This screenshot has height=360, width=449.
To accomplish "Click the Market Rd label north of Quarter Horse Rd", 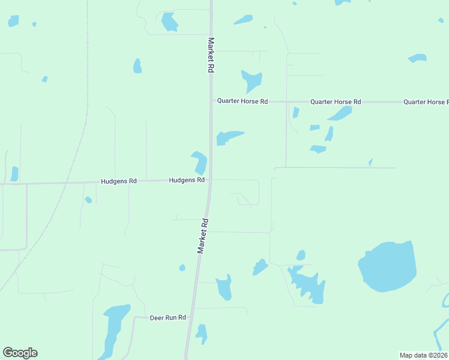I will coord(211,55).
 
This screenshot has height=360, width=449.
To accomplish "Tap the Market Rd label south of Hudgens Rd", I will coord(203,236).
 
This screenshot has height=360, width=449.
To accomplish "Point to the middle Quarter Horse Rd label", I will coord(335,102).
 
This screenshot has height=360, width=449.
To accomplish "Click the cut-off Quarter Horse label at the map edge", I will coord(426,102).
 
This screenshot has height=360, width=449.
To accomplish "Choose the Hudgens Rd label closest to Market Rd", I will coord(187,179).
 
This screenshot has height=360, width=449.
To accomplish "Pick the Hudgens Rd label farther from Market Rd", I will coord(119,181).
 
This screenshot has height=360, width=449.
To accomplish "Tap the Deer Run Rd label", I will coord(167,317).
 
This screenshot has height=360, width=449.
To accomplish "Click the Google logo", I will coord(20,353).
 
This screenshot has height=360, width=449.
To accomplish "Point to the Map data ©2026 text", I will coord(423,355).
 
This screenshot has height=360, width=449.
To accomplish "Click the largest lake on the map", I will coord(387,266).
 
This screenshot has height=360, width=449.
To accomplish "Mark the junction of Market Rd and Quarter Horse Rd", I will coord(211,101).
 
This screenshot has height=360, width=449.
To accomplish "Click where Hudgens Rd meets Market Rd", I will coord(209,179).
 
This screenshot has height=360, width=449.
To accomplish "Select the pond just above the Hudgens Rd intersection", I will coord(199,162).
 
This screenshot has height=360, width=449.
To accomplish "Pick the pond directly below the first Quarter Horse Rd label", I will coord(228,137).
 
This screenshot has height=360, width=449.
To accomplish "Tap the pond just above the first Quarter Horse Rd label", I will coord(252,80).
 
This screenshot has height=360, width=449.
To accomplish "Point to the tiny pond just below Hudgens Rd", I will coord(88,200).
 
